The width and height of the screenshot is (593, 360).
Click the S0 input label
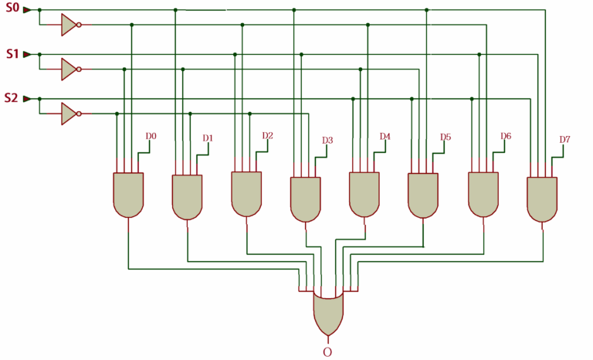[11, 9]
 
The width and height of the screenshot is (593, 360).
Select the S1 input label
[11, 54]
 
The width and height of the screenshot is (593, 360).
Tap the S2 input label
[11, 98]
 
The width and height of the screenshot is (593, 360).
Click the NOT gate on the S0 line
[70, 25]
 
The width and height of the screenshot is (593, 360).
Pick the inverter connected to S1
[70, 69]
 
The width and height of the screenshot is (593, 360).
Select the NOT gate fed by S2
[70, 114]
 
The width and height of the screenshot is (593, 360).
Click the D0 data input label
[151, 136]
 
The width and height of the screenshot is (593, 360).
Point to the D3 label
[327, 141]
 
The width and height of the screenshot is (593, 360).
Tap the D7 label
[564, 140]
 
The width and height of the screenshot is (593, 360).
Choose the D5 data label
[445, 138]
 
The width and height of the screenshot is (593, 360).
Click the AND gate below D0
[128, 194]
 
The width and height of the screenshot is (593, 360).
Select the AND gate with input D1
[187, 197]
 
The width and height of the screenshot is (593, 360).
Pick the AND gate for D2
[246, 193]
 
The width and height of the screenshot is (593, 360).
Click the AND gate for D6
[483, 194]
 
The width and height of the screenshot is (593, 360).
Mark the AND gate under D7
[542, 199]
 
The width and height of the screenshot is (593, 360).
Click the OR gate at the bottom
[329, 313]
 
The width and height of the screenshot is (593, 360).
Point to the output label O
[327, 352]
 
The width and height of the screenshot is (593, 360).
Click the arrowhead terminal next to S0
[27, 10]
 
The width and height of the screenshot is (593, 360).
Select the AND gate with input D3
[305, 199]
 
